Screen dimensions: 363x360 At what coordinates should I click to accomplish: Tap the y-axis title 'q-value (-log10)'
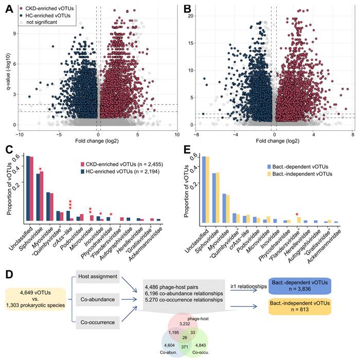(x=7, y=64)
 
